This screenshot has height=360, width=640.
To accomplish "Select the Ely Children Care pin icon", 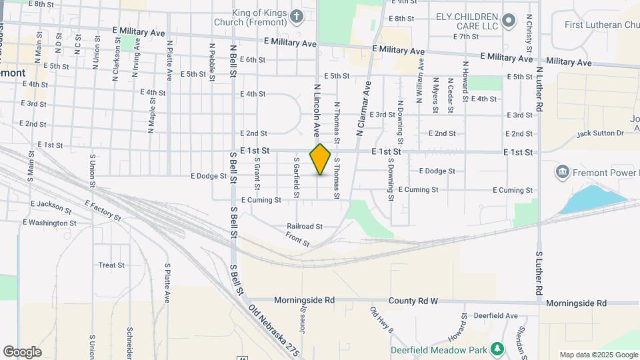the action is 510,20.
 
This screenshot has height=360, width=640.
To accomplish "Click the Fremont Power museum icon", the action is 562,173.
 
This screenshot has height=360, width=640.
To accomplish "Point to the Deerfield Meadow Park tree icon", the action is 497,349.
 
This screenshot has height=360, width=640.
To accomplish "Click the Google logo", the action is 22,351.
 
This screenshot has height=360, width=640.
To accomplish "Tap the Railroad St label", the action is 305,226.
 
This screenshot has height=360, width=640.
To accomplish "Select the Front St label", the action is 297,239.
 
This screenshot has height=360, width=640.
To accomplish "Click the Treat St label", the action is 111,265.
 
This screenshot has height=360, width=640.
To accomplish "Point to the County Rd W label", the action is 415,301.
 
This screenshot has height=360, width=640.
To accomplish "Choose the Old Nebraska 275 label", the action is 273,331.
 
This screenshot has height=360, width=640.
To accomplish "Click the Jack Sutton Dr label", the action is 600,133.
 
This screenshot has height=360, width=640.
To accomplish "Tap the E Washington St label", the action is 49,223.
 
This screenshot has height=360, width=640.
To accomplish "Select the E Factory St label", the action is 103,210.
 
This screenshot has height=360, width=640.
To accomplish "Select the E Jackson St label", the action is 51,203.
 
